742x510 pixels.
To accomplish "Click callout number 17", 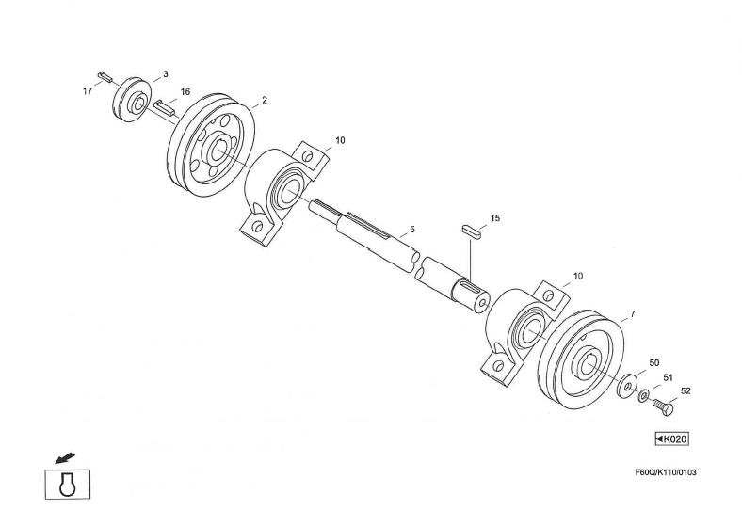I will (87, 91).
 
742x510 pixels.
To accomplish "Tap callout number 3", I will (165, 73).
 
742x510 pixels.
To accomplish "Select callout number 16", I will (185, 92).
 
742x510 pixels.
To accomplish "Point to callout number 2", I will (266, 100).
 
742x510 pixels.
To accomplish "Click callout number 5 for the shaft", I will (411, 230).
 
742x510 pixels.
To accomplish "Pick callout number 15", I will (495, 218).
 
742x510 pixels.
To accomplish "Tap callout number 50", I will (653, 362).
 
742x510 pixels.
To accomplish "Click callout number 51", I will (669, 376).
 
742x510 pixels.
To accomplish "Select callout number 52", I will (686, 390).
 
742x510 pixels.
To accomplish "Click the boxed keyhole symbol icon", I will (67, 483).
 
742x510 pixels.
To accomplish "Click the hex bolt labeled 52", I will (663, 406).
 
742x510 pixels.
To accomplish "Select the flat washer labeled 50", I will (625, 385).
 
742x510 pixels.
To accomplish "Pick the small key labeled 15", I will (471, 230).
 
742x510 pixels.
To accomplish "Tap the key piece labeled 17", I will (105, 74).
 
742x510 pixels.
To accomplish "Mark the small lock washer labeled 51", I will (643, 396).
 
